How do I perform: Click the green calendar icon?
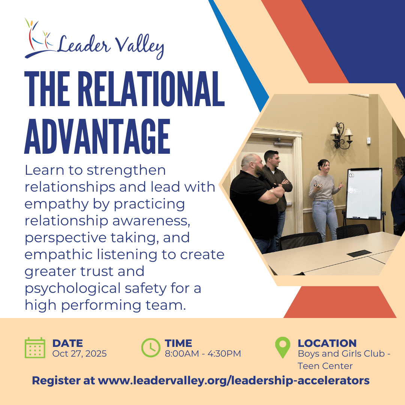[x=35, y=348]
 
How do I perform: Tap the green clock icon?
[x=151, y=348]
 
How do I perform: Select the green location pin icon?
[x=283, y=347]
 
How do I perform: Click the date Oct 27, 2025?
[x=79, y=354]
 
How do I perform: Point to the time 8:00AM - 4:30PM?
[x=203, y=353]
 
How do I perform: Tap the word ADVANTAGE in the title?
[x=97, y=136]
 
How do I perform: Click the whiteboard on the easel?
[x=364, y=194]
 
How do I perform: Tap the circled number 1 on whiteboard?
[x=351, y=175]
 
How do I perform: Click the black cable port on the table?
[x=359, y=253]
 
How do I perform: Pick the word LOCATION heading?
[x=327, y=343]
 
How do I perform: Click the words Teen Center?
[x=325, y=366]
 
